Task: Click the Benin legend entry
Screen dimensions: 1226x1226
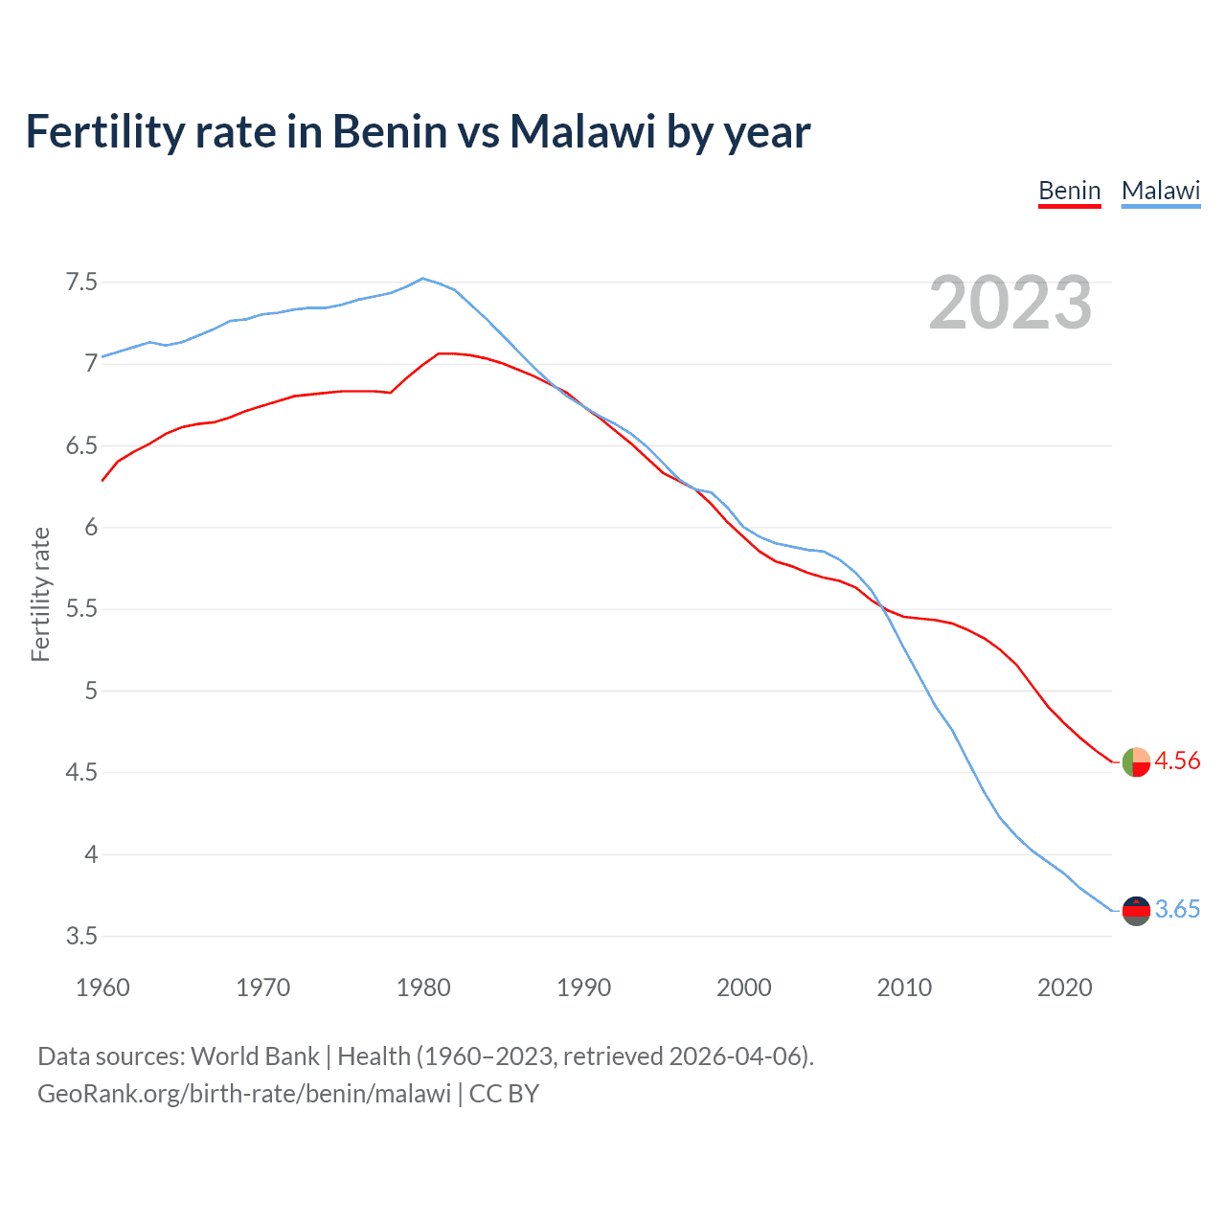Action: (x=1070, y=191)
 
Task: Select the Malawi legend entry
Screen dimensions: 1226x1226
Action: (x=1161, y=191)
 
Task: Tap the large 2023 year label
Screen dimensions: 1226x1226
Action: (x=1010, y=303)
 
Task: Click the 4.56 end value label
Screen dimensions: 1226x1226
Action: (x=1177, y=761)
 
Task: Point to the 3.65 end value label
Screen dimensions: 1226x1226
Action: (x=1177, y=909)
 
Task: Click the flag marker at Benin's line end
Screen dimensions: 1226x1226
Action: (x=1136, y=761)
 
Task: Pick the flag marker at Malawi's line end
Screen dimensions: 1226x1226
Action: (x=1136, y=910)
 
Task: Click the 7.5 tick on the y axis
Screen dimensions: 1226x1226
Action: (x=81, y=282)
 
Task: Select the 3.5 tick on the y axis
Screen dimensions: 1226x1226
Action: (x=81, y=936)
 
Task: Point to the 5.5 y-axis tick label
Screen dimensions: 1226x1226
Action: (x=81, y=609)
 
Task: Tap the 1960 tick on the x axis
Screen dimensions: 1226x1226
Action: (x=102, y=988)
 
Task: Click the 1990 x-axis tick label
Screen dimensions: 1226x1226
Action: (x=583, y=988)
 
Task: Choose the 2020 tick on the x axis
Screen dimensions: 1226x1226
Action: (x=1064, y=988)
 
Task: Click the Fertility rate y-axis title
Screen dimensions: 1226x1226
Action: (x=40, y=594)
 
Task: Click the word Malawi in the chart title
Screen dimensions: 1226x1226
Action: (x=582, y=131)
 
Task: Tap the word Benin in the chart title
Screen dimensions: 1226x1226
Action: (x=389, y=131)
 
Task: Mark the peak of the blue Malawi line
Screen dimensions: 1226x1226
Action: (x=423, y=279)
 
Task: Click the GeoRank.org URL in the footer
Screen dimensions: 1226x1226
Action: (x=244, y=1093)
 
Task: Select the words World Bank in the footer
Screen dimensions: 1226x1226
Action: (x=255, y=1056)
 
